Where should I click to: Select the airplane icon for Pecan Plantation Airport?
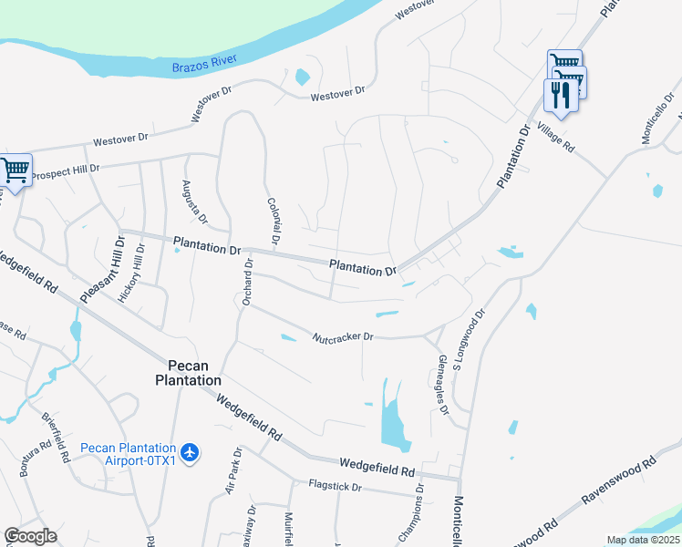190,452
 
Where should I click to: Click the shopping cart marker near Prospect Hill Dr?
15,170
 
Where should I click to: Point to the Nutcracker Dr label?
343,336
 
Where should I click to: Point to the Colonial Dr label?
272,220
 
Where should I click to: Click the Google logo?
30,536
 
